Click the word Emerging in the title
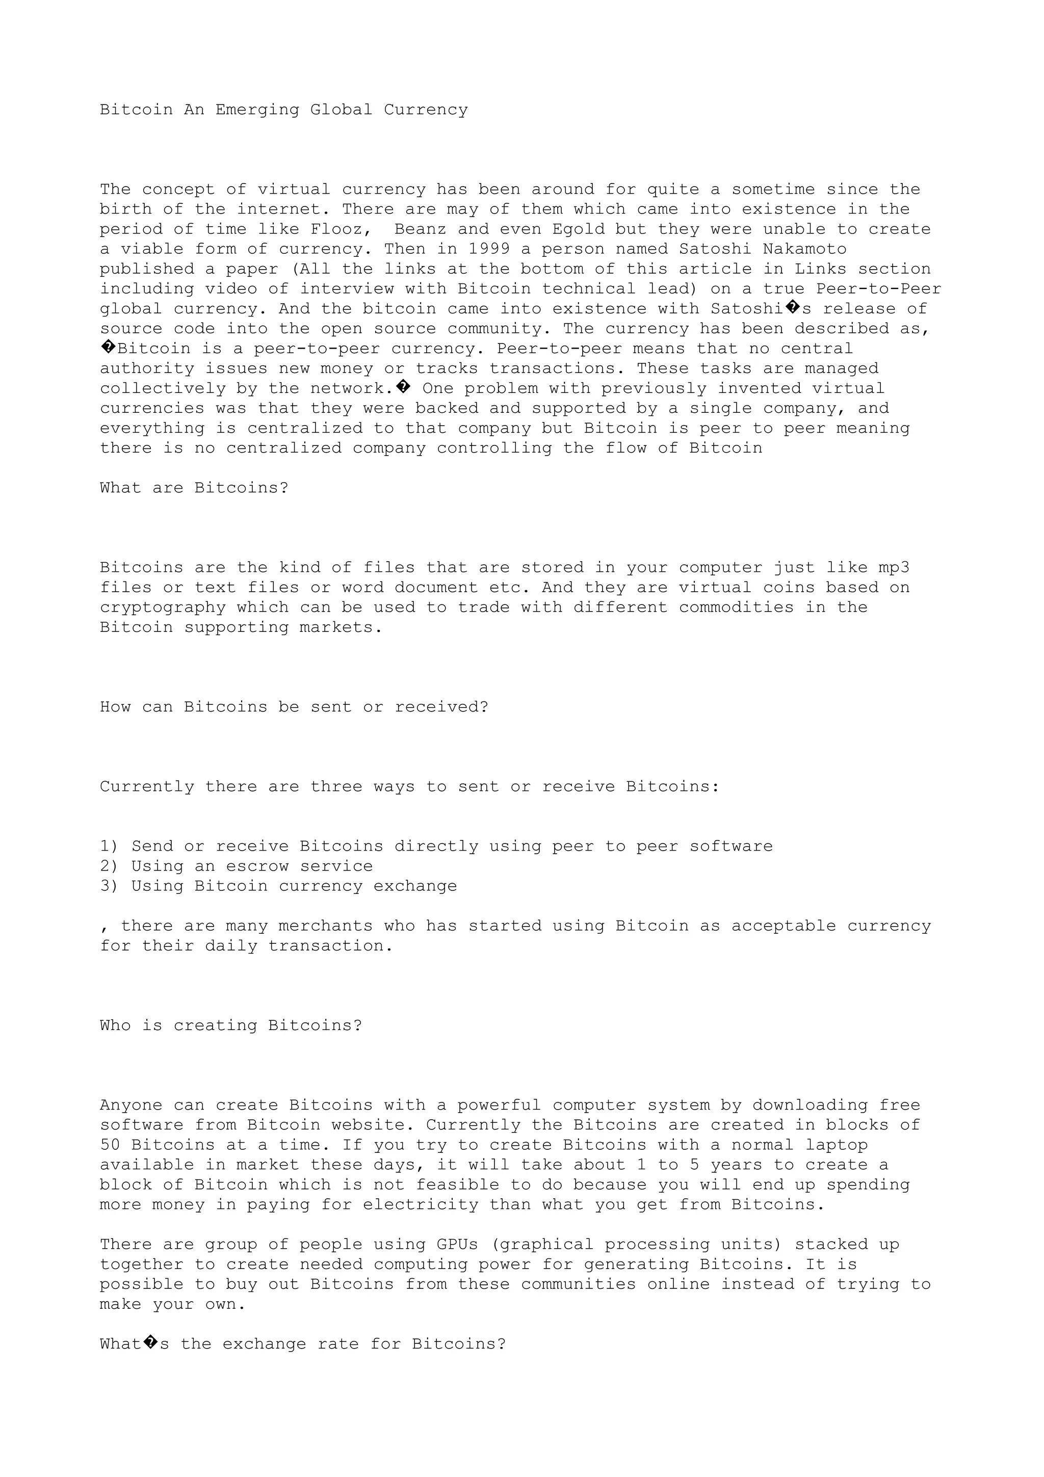[x=257, y=110]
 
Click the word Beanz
[x=420, y=229]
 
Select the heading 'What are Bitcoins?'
[x=194, y=488]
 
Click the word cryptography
[x=163, y=608]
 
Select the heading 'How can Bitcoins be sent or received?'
[x=294, y=707]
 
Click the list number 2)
[x=110, y=866]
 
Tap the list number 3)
[x=110, y=886]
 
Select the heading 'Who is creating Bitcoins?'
[x=231, y=1025]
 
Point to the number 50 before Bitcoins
[x=110, y=1145]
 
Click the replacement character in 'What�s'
[x=151, y=1344]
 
